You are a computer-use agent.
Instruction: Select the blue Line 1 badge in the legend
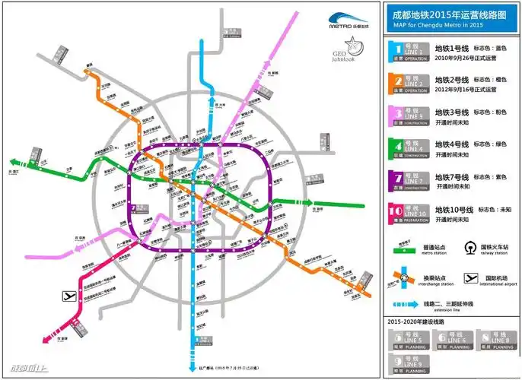pyautogui.click(x=410, y=52)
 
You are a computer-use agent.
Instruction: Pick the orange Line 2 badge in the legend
pyautogui.click(x=410, y=83)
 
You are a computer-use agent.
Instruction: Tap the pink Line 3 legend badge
pyautogui.click(x=410, y=116)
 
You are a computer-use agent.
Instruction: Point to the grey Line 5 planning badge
pyautogui.click(x=409, y=337)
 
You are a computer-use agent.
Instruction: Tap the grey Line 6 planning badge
pyautogui.click(x=449, y=337)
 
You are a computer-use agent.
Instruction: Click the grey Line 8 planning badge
pyautogui.click(x=490, y=337)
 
